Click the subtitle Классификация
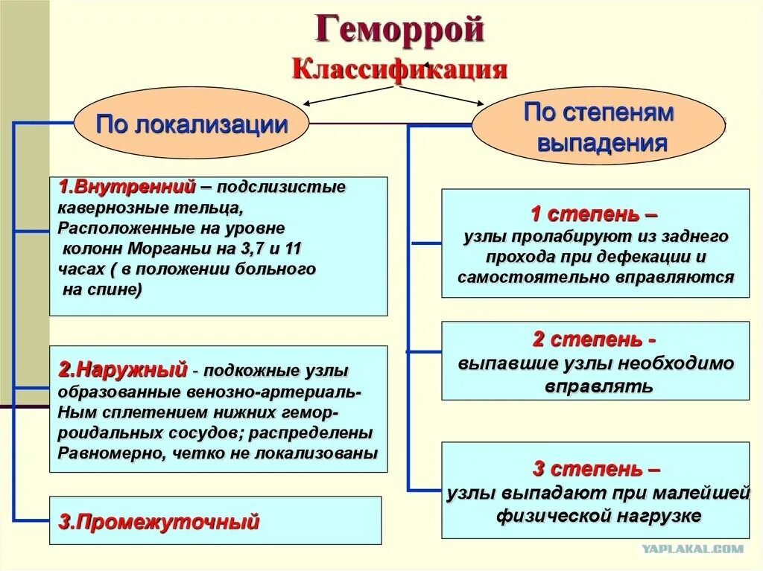tap(400, 69)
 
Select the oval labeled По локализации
tap(191, 124)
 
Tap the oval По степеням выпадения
tap(599, 127)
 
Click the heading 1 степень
tap(594, 214)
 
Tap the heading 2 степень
tap(594, 340)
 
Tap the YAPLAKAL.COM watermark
tap(692, 549)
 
